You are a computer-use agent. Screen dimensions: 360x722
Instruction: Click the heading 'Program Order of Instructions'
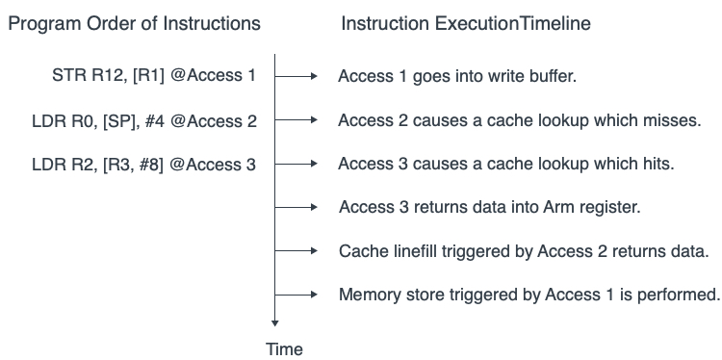pyautogui.click(x=134, y=23)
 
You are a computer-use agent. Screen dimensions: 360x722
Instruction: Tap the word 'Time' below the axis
pyautogui.click(x=284, y=348)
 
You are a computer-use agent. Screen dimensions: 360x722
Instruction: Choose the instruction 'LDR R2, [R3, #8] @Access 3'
pyautogui.click(x=143, y=165)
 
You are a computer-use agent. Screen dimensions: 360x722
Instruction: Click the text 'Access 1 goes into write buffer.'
pyautogui.click(x=457, y=76)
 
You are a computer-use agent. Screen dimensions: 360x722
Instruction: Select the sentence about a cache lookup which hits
pyautogui.click(x=505, y=165)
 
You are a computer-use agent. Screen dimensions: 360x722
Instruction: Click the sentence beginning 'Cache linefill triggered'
pyautogui.click(x=524, y=251)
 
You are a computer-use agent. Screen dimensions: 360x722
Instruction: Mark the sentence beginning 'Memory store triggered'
pyautogui.click(x=529, y=295)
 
